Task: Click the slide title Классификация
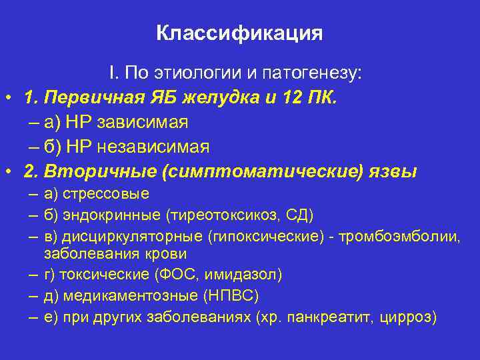(x=239, y=33)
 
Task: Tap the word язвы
(x=393, y=171)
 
